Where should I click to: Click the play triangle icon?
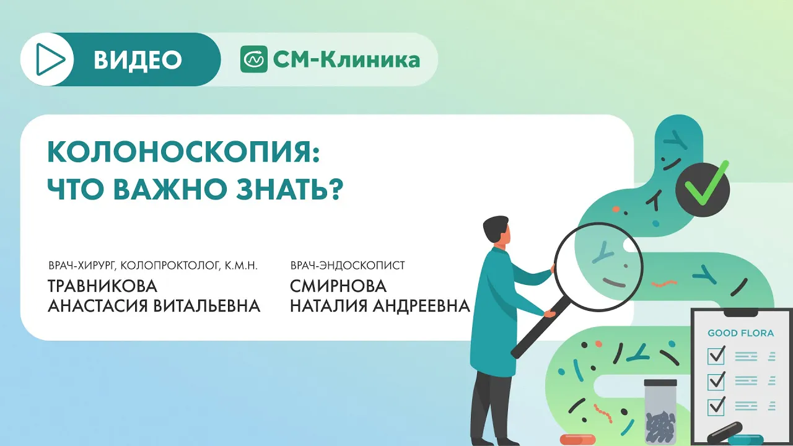[x=50, y=59]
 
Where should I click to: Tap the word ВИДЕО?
[x=138, y=60]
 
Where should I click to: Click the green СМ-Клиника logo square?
[x=254, y=59]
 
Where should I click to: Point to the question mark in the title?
[x=338, y=190]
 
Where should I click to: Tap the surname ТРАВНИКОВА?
[x=102, y=286]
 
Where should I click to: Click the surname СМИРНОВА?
[x=338, y=286]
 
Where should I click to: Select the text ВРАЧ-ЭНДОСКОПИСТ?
[x=348, y=266]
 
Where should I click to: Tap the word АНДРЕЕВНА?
[x=421, y=306]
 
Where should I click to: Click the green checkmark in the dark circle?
[x=705, y=185]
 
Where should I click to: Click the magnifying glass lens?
[x=598, y=267]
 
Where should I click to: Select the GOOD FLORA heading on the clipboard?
[x=740, y=333]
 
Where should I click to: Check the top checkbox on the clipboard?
[x=716, y=356]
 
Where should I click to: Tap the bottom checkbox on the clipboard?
[x=716, y=406]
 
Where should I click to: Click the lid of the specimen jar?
[x=660, y=383]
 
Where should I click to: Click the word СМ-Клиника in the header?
[x=346, y=59]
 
